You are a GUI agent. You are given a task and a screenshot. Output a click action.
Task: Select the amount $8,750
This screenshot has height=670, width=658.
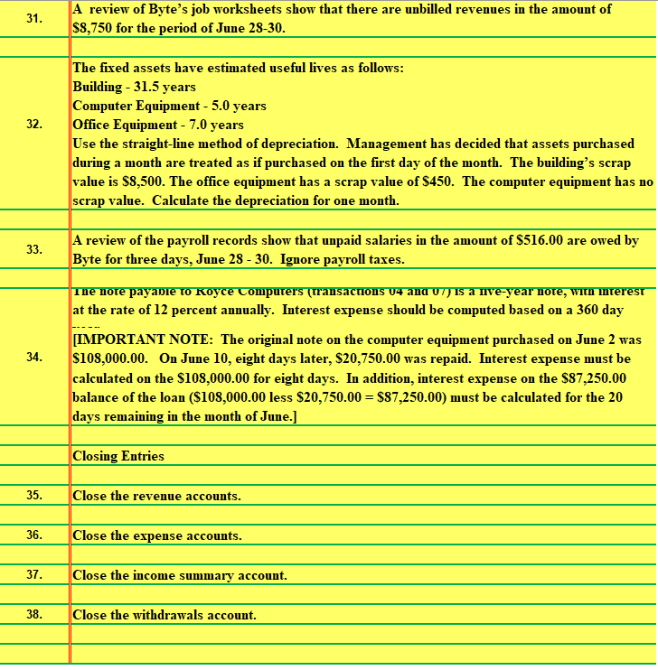pyautogui.click(x=93, y=27)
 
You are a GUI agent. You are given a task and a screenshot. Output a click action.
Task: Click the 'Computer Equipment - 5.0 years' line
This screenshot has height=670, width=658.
pyautogui.click(x=169, y=106)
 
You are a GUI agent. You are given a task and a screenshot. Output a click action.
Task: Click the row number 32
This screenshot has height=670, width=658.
pyautogui.click(x=33, y=125)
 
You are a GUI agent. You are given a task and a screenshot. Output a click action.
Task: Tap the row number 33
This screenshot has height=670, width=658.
pyautogui.click(x=33, y=250)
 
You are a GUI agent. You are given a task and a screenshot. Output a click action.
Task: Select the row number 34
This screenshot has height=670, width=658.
pyautogui.click(x=33, y=358)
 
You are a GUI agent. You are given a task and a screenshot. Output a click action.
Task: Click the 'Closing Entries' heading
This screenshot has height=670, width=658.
pyautogui.click(x=118, y=456)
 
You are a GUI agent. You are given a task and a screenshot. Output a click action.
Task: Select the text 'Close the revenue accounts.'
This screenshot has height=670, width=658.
pyautogui.click(x=156, y=496)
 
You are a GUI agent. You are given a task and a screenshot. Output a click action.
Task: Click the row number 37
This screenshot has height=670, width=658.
pyautogui.click(x=33, y=575)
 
